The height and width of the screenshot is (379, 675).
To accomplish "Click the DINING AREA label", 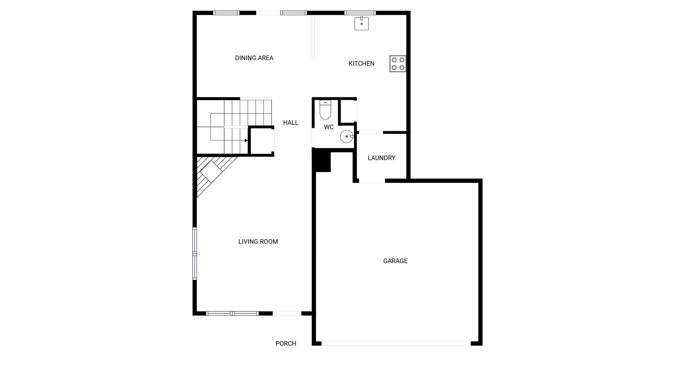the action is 254,58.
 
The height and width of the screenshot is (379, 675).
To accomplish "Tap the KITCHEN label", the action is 362,64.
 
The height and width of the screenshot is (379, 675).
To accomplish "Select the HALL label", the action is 291,123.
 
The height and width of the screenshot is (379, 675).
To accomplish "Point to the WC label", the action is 329,127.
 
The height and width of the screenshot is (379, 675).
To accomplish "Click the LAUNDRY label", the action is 382,158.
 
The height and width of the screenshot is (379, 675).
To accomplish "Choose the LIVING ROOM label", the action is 258,242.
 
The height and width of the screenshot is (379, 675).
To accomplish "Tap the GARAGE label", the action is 396,261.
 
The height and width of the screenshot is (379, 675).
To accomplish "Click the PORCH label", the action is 286,344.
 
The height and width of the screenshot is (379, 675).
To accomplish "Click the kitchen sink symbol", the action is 362,23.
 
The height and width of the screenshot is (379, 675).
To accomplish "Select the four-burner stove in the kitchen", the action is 398,64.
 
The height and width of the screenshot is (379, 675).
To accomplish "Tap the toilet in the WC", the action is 325,110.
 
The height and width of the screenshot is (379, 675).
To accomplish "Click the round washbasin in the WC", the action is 347,136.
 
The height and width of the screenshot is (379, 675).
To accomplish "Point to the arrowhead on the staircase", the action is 246,140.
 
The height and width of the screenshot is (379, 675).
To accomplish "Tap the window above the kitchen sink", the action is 360,13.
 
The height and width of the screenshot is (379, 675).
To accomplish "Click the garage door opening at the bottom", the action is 396,343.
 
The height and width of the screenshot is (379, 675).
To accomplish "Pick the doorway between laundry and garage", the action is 372,181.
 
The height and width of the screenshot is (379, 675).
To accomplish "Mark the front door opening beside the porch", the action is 287,313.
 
